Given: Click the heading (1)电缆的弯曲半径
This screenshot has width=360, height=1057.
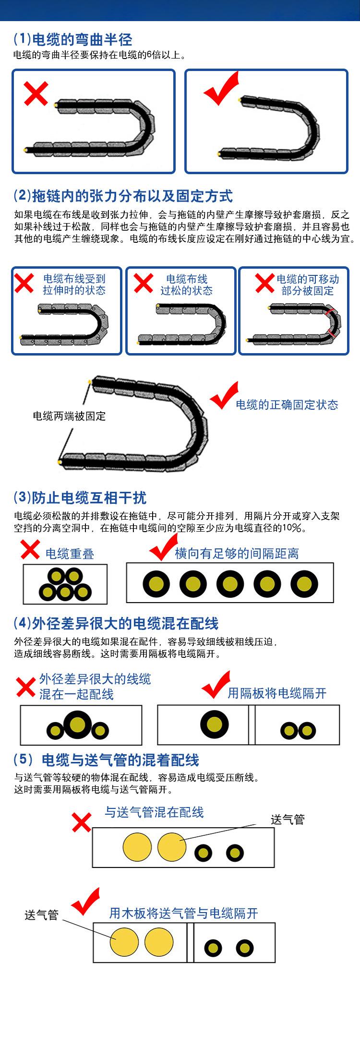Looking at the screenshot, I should (x=72, y=39).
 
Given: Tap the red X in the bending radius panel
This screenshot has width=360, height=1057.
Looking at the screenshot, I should (x=36, y=94).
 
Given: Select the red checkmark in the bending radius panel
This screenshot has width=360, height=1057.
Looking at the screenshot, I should (x=221, y=89).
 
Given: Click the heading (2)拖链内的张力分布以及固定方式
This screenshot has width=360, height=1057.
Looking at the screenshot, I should (x=123, y=196).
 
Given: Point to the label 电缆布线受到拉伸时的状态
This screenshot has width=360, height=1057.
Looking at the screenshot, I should (x=74, y=285).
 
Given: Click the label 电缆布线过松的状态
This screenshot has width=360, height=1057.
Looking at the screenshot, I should (x=186, y=285).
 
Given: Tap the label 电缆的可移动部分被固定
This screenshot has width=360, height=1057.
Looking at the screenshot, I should (x=308, y=285).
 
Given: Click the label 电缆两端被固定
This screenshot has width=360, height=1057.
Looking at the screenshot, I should (x=69, y=416).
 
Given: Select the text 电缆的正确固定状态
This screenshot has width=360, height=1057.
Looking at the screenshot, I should (x=287, y=405).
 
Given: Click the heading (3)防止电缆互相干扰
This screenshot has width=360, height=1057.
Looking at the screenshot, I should (x=80, y=498).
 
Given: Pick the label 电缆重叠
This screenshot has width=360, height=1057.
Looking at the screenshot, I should (x=70, y=554).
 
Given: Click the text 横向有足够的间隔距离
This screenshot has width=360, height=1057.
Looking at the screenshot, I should (x=237, y=554).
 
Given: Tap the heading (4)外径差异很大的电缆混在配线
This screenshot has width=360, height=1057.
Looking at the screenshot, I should (x=116, y=624).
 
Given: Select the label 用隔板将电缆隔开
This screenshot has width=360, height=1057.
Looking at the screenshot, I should (x=277, y=693).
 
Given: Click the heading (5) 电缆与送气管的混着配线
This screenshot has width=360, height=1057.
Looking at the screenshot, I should (x=106, y=760).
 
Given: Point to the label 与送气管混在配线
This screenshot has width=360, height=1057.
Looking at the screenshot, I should (x=154, y=812).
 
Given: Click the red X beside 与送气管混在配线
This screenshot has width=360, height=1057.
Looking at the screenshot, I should (x=81, y=822).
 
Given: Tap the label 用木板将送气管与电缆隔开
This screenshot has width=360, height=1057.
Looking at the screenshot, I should (x=183, y=913).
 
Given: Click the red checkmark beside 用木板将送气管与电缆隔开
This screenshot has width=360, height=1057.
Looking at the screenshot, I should (x=85, y=902).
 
